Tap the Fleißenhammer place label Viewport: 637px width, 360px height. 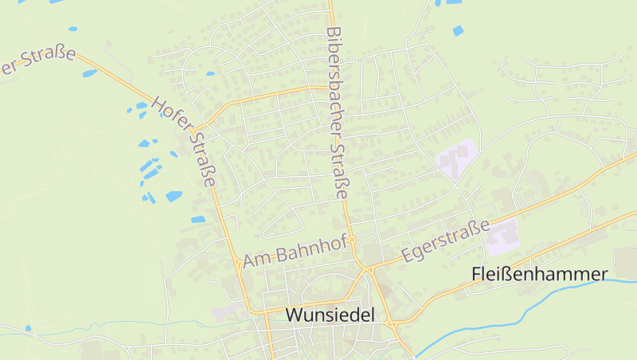click(x=540, y=274)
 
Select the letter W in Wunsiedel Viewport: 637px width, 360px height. click(x=294, y=315)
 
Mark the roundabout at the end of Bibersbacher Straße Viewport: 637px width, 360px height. click(x=351, y=240)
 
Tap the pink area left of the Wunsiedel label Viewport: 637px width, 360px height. click(x=227, y=313)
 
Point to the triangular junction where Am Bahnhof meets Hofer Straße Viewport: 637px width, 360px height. click(x=237, y=263)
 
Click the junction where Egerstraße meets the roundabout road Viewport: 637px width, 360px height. click(x=370, y=268)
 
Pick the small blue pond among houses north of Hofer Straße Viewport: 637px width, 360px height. click(x=210, y=73)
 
